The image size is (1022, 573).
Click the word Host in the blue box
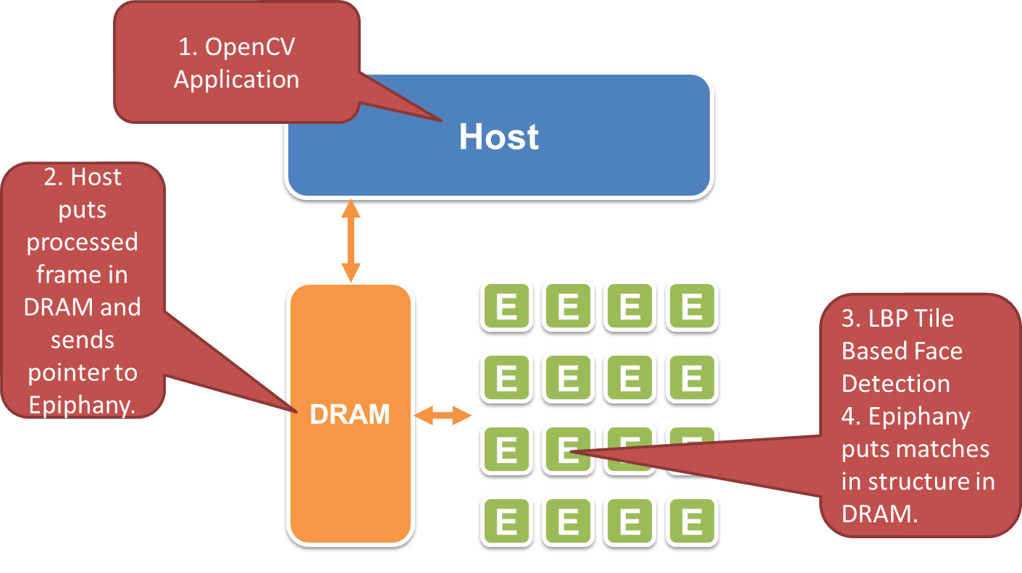tap(499, 138)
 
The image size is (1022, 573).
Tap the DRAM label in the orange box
tap(350, 414)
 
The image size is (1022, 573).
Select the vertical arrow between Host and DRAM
tap(351, 241)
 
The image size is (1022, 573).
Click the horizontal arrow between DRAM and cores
tap(443, 415)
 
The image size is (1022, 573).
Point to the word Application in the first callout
tap(236, 79)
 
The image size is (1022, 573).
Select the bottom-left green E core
tap(506, 522)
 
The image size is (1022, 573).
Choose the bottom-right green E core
tap(692, 522)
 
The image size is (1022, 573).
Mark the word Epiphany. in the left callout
tap(82, 405)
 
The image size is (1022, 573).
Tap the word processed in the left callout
tap(82, 242)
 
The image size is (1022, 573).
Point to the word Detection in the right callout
tap(896, 383)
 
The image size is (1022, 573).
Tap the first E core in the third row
tap(506, 450)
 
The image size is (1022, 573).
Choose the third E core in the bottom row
tap(630, 522)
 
